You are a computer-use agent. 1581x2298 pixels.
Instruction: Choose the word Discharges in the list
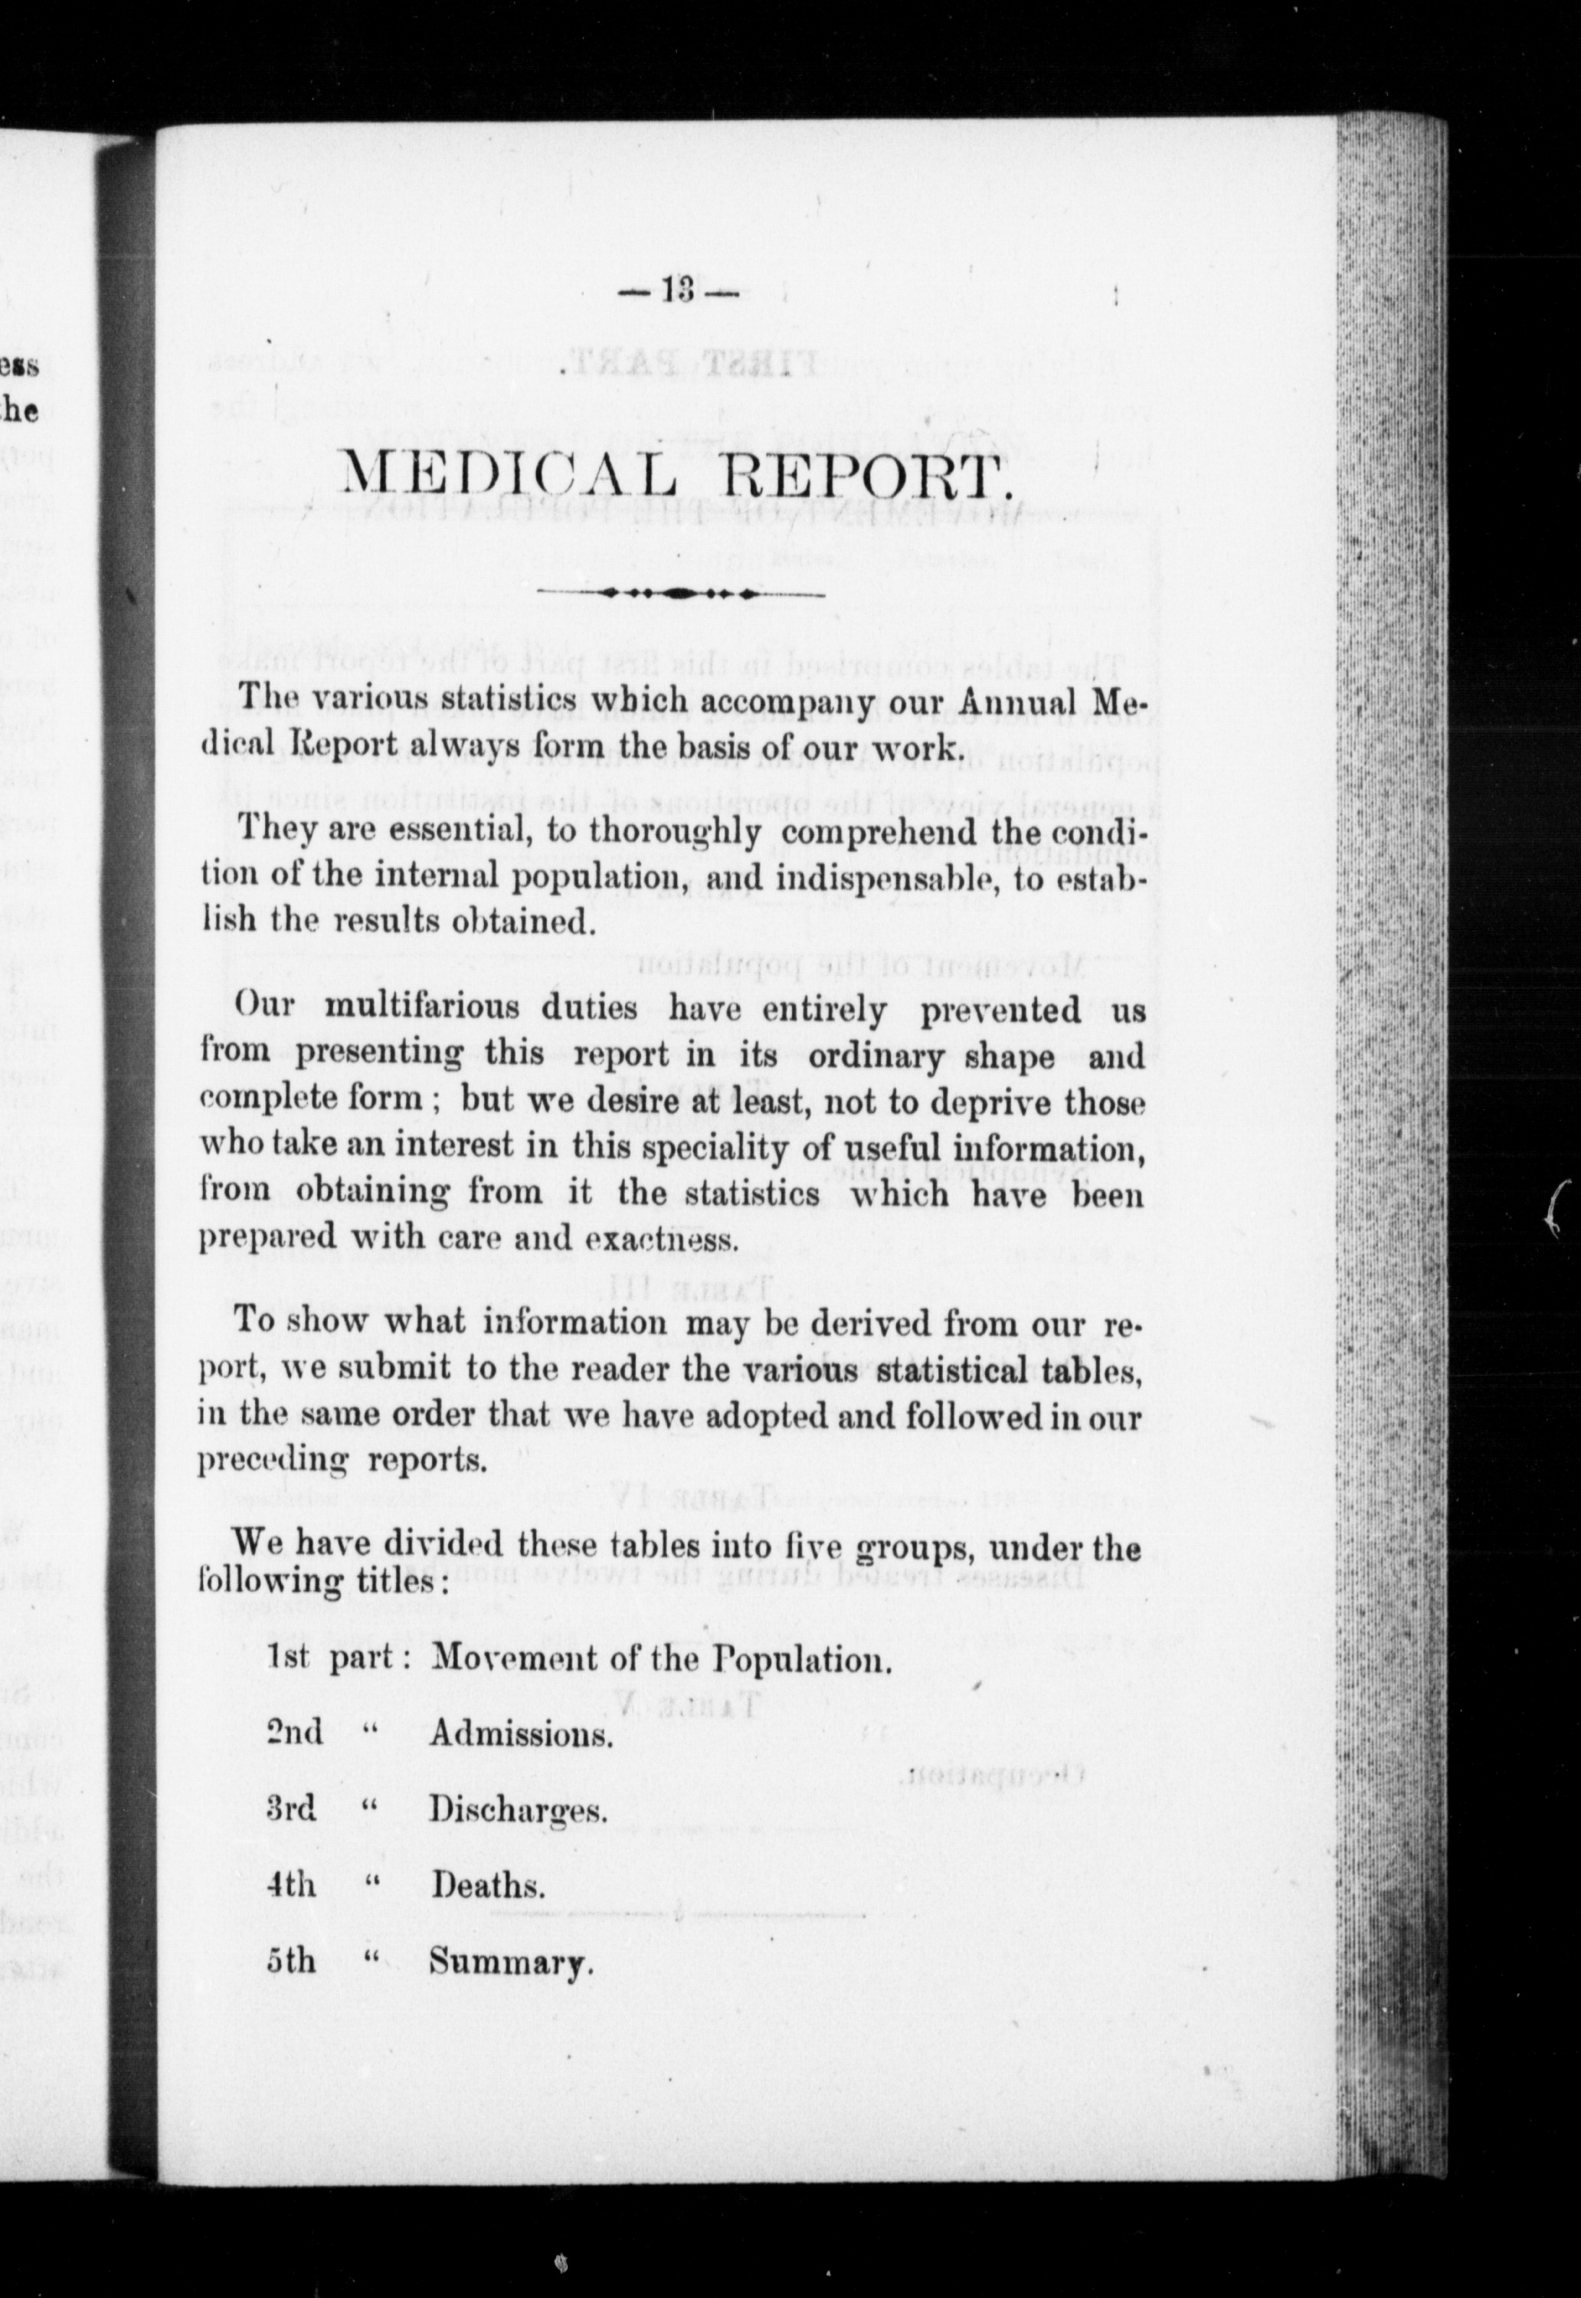517,1809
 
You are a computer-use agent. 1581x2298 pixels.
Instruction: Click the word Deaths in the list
487,1885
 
